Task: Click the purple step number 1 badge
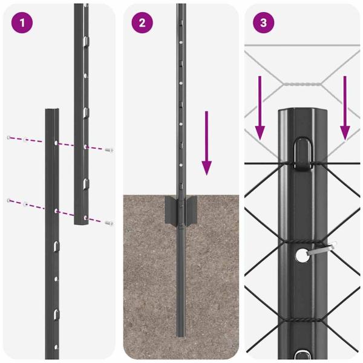(22, 23)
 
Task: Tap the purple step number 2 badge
(142, 23)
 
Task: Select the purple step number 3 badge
(264, 23)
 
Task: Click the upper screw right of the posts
(109, 149)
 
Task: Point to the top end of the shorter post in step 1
(52, 111)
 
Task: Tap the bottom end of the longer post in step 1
(83, 223)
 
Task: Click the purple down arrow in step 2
(207, 143)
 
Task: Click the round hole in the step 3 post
(302, 256)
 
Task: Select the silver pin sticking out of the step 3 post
(324, 249)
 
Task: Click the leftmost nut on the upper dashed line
(8, 139)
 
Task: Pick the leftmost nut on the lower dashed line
(8, 200)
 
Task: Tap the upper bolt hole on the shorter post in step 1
(56, 143)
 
